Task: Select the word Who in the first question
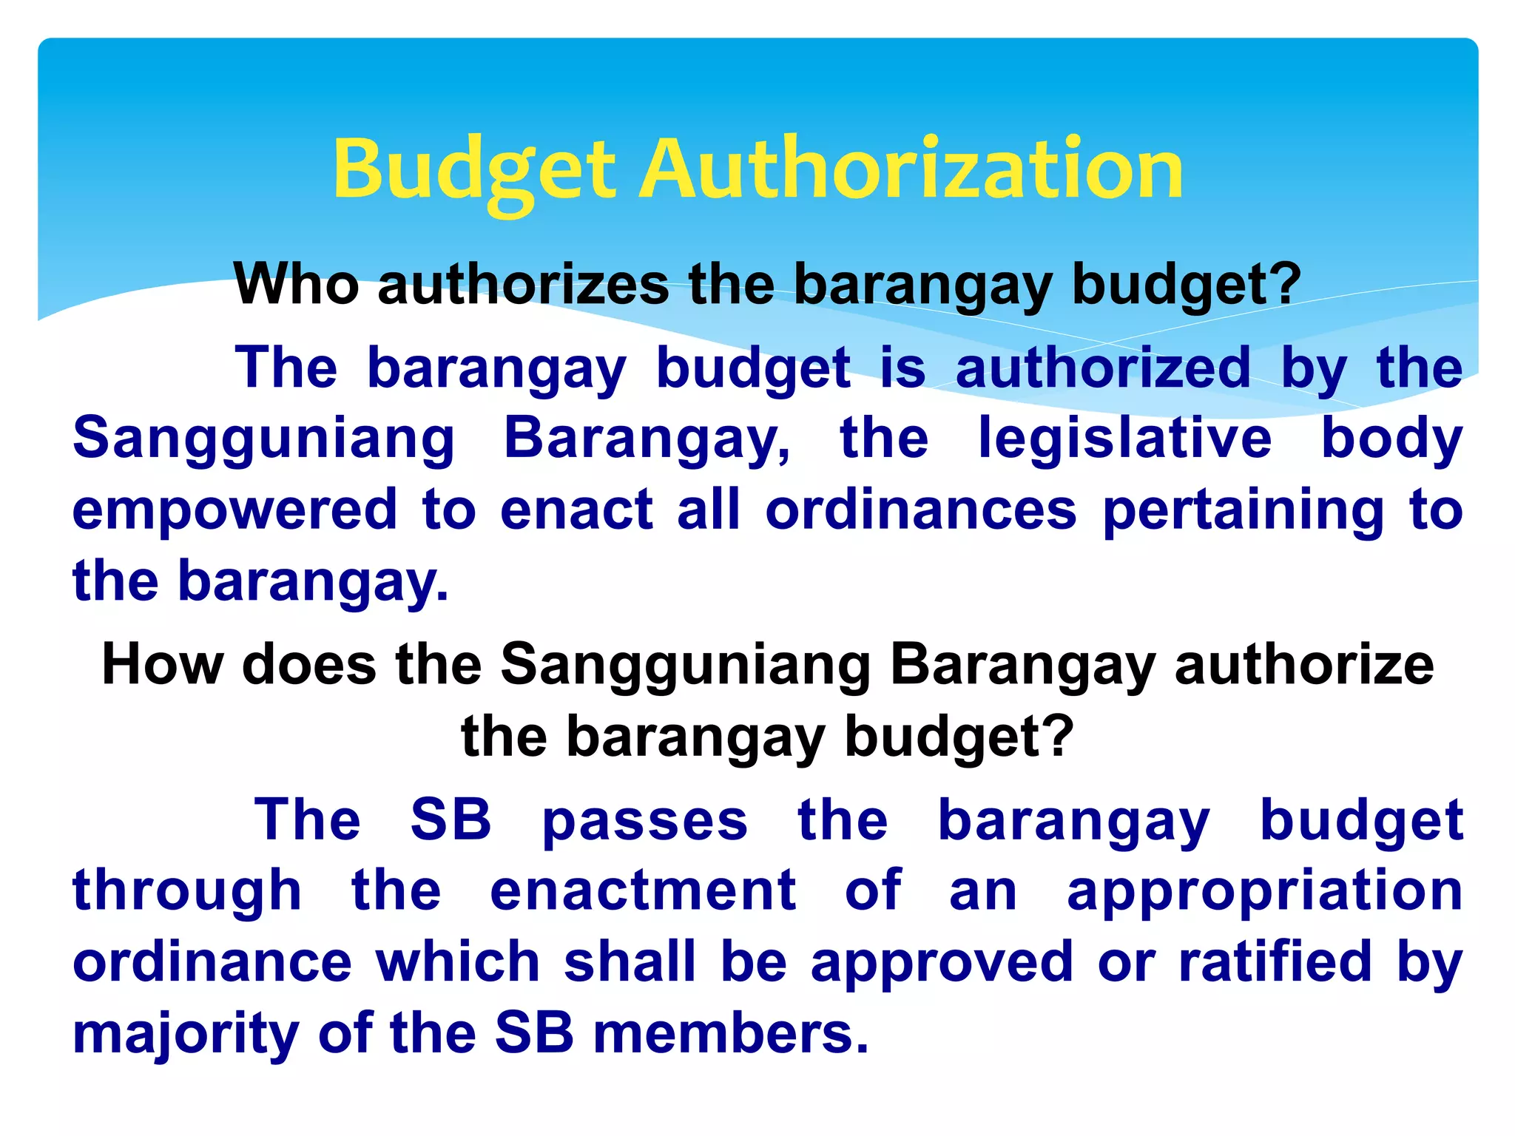coord(296,285)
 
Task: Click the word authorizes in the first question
coord(524,285)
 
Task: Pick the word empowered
coord(235,510)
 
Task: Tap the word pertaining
coord(1244,510)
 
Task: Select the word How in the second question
coord(162,664)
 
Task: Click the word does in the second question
coord(309,664)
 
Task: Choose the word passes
coord(645,821)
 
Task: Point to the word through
coord(187,890)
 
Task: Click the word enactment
coord(643,890)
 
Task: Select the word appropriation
coord(1265,892)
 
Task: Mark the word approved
coord(942,963)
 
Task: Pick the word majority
coord(186,1034)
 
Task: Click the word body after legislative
coord(1391,439)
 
